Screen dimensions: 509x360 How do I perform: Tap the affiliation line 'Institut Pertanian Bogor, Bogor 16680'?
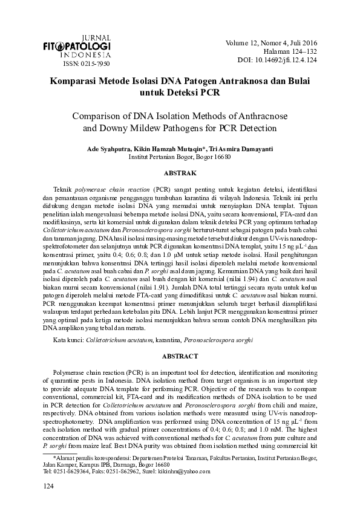pyautogui.click(x=180, y=157)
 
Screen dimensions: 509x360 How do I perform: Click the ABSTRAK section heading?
pyautogui.click(x=180, y=173)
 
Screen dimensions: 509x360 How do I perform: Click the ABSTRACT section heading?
pyautogui.click(x=180, y=357)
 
